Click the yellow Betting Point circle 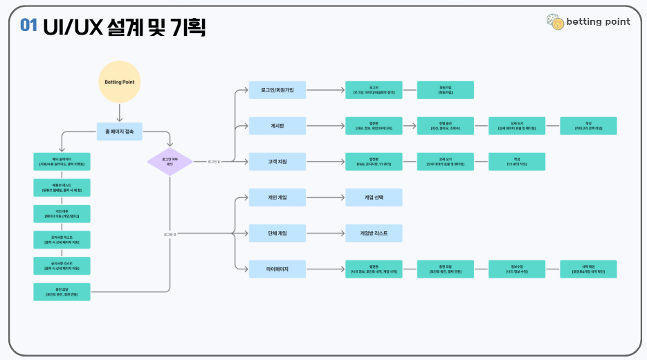[x=120, y=82]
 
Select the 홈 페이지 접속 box [x=120, y=131]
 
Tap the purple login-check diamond [x=170, y=162]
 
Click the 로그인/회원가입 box [x=277, y=90]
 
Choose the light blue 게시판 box [x=277, y=126]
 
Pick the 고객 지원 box [x=277, y=162]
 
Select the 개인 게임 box [x=277, y=198]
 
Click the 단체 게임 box [x=277, y=233]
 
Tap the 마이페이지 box [x=277, y=269]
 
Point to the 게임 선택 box [x=374, y=198]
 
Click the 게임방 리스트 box [x=374, y=233]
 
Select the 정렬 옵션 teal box [x=446, y=126]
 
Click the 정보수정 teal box [x=517, y=269]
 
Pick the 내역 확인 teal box [x=588, y=269]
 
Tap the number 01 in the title [x=28, y=26]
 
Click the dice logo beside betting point [x=554, y=21]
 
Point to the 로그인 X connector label [x=213, y=162]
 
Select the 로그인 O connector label [x=170, y=235]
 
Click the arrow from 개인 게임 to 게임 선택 [x=325, y=198]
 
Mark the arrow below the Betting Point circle [x=120, y=113]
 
